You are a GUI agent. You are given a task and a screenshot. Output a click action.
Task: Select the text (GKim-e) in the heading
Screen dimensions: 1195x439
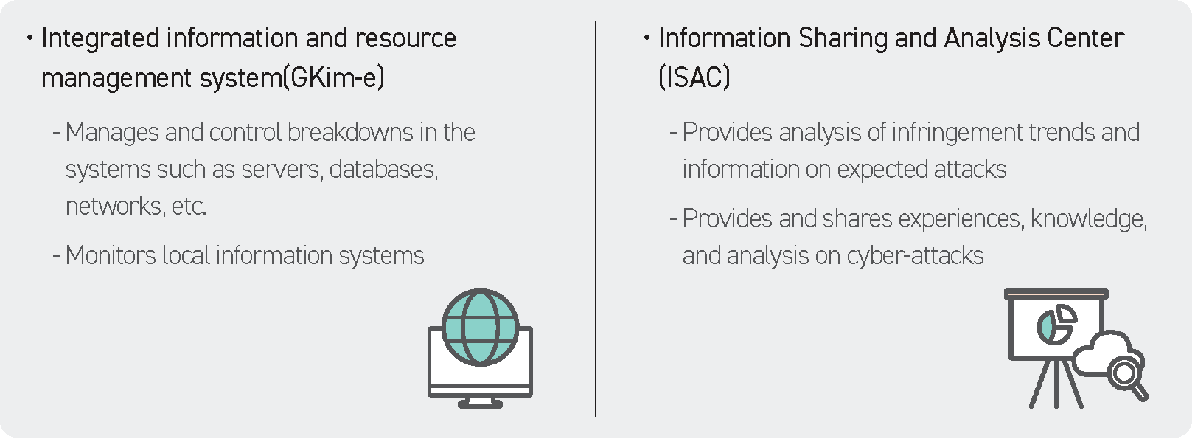(x=333, y=78)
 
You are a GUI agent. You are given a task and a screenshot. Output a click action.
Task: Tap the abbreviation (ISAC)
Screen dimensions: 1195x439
(x=694, y=78)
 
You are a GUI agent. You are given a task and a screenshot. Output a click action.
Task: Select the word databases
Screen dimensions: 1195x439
(x=383, y=169)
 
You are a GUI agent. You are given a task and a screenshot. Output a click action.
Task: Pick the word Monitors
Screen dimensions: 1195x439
(x=111, y=255)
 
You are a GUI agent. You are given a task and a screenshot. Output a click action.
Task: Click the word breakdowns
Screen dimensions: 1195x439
(x=350, y=133)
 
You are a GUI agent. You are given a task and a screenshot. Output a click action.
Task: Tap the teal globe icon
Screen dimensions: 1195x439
(x=480, y=328)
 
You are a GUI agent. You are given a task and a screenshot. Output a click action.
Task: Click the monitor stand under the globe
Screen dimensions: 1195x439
(x=480, y=403)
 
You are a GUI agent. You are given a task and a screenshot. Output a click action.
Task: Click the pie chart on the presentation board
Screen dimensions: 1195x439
(x=1056, y=325)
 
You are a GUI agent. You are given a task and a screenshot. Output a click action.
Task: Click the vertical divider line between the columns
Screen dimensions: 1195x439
(x=596, y=219)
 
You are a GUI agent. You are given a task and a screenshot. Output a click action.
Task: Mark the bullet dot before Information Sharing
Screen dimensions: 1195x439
(x=647, y=38)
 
